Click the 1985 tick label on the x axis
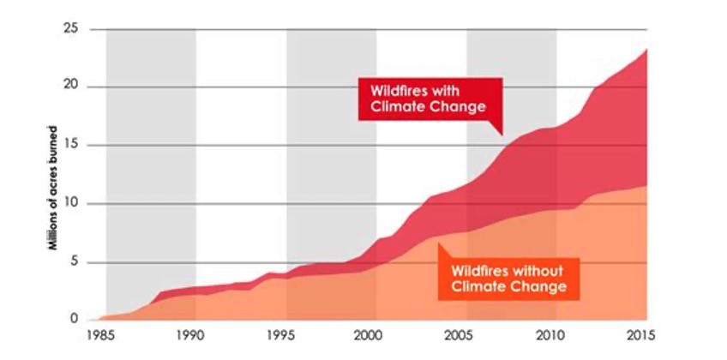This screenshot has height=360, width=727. pyautogui.click(x=105, y=334)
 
